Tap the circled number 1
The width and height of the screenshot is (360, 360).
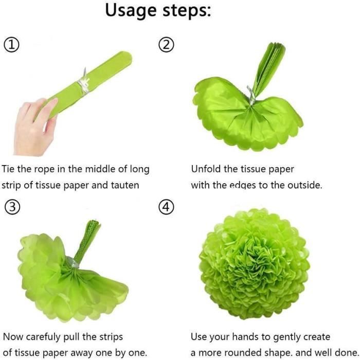[x=11, y=45]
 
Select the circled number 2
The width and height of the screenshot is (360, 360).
[x=167, y=45]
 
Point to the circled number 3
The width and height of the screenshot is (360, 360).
[x=12, y=207]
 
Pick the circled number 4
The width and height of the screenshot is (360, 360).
[x=167, y=207]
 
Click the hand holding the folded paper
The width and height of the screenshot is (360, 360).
[x=34, y=128]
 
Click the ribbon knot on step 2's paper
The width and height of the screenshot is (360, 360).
[x=251, y=95]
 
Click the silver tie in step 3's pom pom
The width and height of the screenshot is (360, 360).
[x=73, y=262]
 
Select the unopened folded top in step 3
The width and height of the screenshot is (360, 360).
[x=88, y=241]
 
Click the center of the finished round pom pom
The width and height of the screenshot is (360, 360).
[x=254, y=264]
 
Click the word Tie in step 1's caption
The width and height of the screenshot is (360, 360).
[x=8, y=169]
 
